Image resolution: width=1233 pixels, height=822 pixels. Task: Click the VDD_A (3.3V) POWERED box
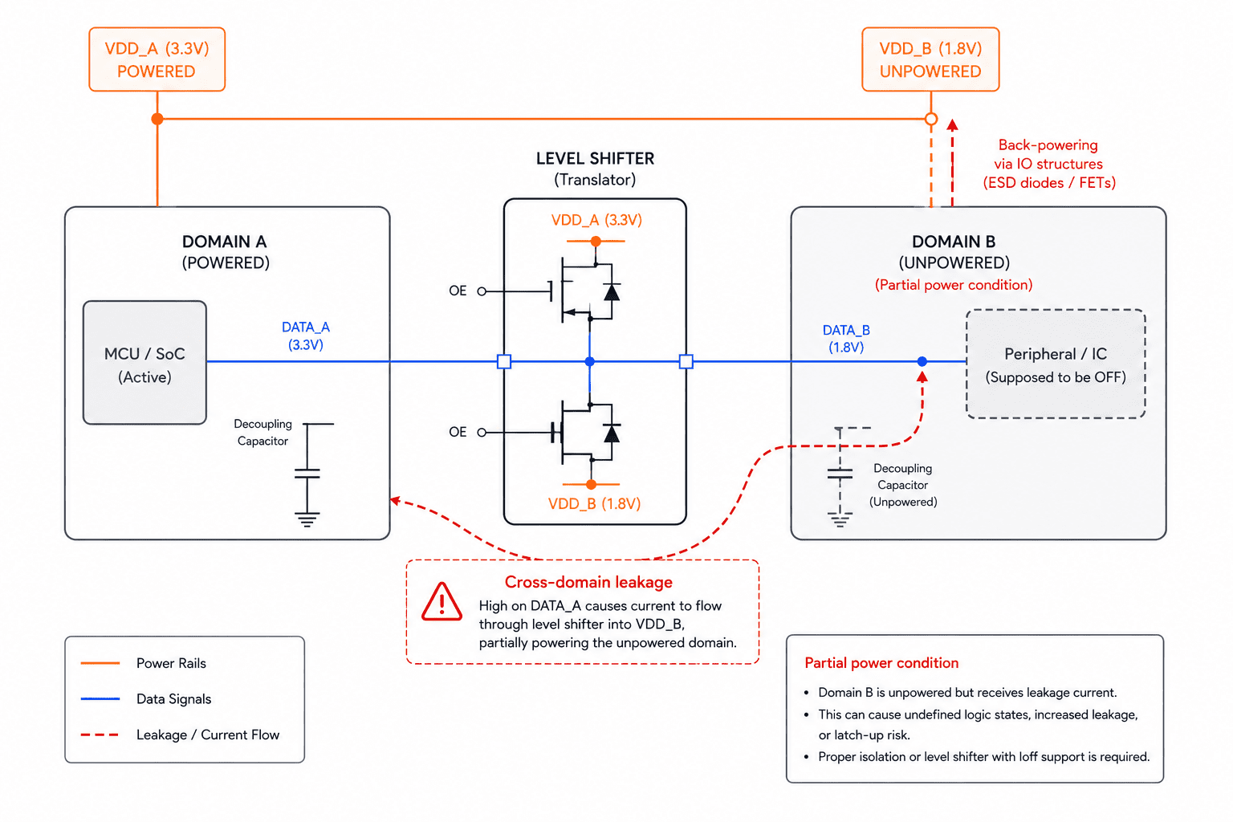click(157, 59)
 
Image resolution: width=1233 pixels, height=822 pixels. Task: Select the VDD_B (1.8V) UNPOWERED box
click(930, 59)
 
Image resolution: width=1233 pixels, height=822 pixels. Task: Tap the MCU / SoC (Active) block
click(144, 363)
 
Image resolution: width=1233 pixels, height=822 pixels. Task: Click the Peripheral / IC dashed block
click(1056, 364)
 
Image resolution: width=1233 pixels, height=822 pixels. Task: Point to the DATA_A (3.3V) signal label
click(306, 336)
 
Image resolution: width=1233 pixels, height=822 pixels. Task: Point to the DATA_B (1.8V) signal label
click(846, 339)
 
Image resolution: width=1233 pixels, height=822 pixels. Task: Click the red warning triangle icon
click(442, 602)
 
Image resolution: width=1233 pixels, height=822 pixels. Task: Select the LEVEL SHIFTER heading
click(595, 159)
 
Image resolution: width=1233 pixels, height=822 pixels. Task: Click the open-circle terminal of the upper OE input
click(482, 291)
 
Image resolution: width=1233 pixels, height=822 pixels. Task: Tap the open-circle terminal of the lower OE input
click(482, 432)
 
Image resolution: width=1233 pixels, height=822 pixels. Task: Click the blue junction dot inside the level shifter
click(589, 362)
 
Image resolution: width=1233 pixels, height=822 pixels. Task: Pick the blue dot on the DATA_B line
click(922, 362)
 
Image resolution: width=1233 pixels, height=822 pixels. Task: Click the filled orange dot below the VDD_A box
click(157, 119)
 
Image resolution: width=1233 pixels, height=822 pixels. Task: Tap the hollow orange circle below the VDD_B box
click(931, 119)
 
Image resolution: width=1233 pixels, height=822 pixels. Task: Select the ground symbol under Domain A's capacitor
click(307, 519)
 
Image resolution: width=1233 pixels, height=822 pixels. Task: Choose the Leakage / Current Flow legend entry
click(180, 735)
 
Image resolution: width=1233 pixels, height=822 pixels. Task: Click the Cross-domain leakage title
click(588, 582)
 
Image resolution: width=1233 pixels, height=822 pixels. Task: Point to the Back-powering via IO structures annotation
click(1049, 164)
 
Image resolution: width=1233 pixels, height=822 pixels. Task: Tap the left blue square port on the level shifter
click(504, 362)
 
